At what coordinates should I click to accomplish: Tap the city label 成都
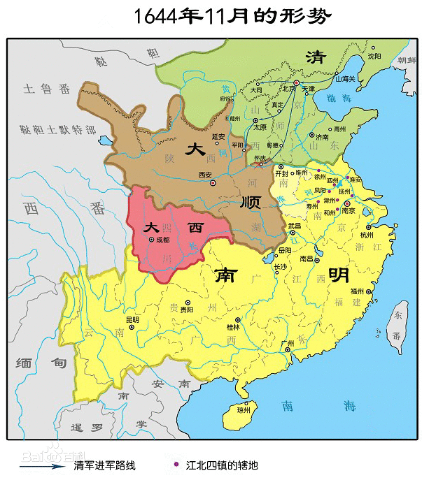point(162,239)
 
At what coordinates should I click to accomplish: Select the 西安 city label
point(204,175)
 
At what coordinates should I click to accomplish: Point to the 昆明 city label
point(132,320)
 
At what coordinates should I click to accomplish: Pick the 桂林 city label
point(233,326)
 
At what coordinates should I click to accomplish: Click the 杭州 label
point(367,235)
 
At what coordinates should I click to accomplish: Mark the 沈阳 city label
point(374,56)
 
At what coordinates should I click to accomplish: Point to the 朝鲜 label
point(407,61)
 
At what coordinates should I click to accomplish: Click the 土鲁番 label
point(47,89)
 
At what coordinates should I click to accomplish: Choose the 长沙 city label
point(280,266)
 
